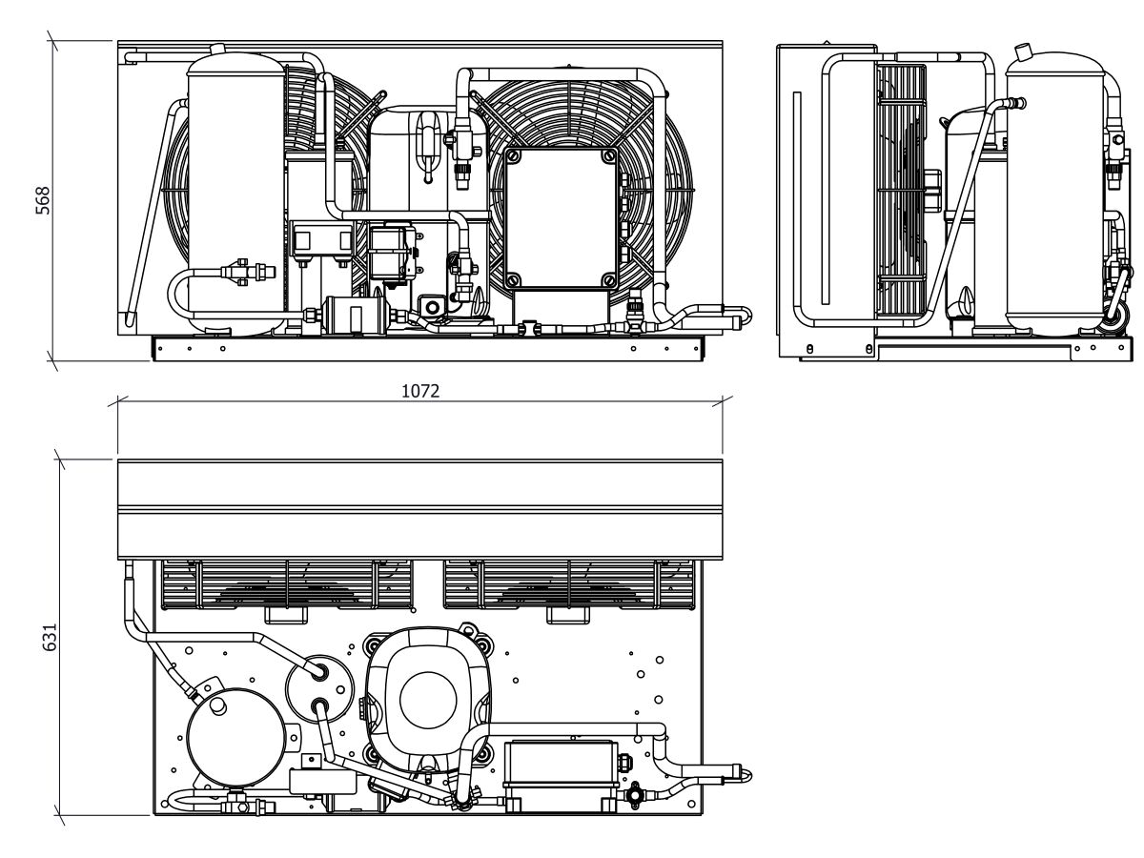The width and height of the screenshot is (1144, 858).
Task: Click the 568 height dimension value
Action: point(42,200)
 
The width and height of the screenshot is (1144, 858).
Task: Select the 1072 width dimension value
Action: point(420,391)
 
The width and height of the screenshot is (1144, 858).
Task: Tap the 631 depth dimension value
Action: point(49,637)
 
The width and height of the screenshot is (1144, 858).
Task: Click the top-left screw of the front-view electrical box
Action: point(513,155)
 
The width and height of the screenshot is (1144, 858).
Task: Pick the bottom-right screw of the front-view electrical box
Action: point(608,279)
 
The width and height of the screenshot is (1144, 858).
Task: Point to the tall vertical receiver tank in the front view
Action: point(235,193)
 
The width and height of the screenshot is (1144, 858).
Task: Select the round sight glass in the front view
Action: point(432,307)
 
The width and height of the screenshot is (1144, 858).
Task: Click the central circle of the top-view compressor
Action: point(428,700)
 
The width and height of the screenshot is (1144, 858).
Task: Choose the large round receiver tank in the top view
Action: point(236,736)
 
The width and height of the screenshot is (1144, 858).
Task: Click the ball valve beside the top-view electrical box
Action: point(635,794)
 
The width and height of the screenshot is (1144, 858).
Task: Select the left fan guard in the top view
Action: point(287,584)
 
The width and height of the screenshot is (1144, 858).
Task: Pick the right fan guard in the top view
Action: point(569,584)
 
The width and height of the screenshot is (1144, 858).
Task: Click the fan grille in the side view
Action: point(902,192)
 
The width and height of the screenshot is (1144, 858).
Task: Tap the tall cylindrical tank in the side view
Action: point(1055,193)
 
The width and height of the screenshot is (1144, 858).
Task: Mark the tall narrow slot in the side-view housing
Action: point(825,198)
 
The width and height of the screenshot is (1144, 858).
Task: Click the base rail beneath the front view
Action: point(427,349)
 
